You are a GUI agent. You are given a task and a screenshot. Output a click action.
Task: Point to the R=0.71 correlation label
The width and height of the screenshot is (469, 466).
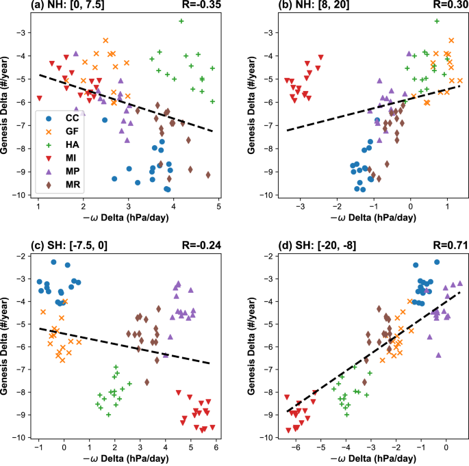pos(449,242)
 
